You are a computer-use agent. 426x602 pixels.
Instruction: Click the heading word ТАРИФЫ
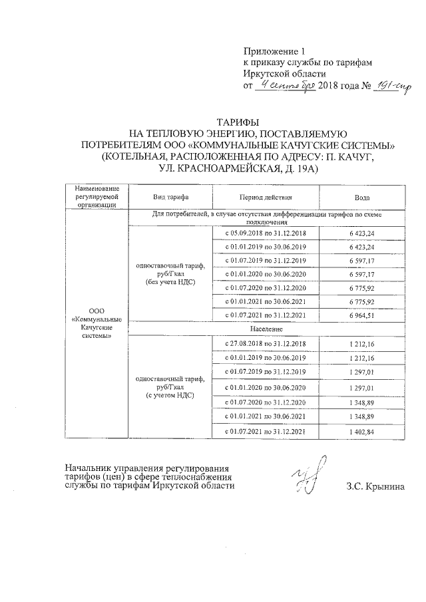coord(212,122)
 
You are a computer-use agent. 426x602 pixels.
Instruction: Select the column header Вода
coord(362,198)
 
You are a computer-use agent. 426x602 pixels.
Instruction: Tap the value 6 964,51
coord(362,315)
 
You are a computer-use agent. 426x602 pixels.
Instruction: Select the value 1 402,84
coord(362,432)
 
